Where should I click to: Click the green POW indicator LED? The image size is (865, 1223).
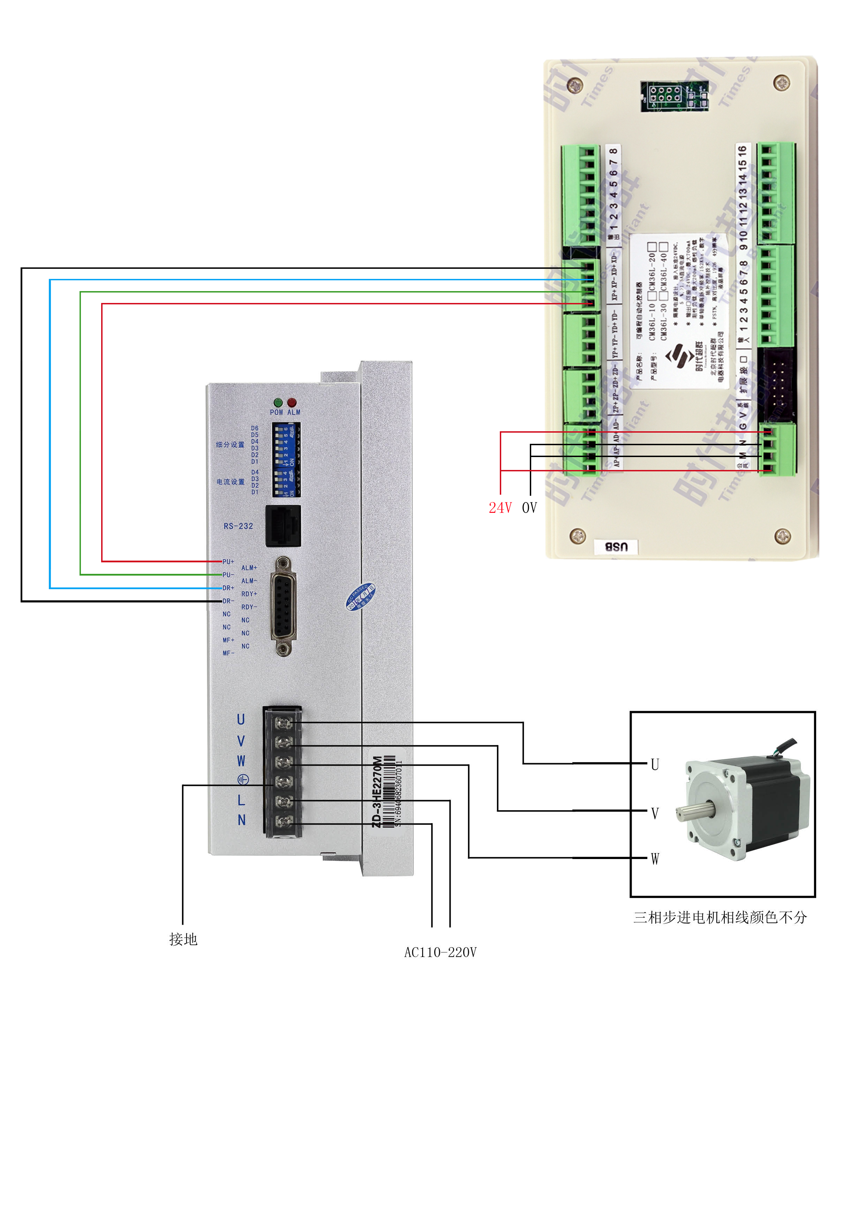click(x=278, y=403)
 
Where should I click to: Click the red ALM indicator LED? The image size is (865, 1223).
click(x=292, y=403)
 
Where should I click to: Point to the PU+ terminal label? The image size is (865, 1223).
click(x=228, y=561)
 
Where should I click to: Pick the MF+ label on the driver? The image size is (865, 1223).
click(x=228, y=640)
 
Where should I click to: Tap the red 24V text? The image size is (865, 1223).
click(x=500, y=508)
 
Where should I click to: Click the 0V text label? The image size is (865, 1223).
click(x=529, y=508)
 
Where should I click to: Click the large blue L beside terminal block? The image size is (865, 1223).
click(x=241, y=800)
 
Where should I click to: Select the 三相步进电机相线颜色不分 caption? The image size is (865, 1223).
click(x=720, y=917)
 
